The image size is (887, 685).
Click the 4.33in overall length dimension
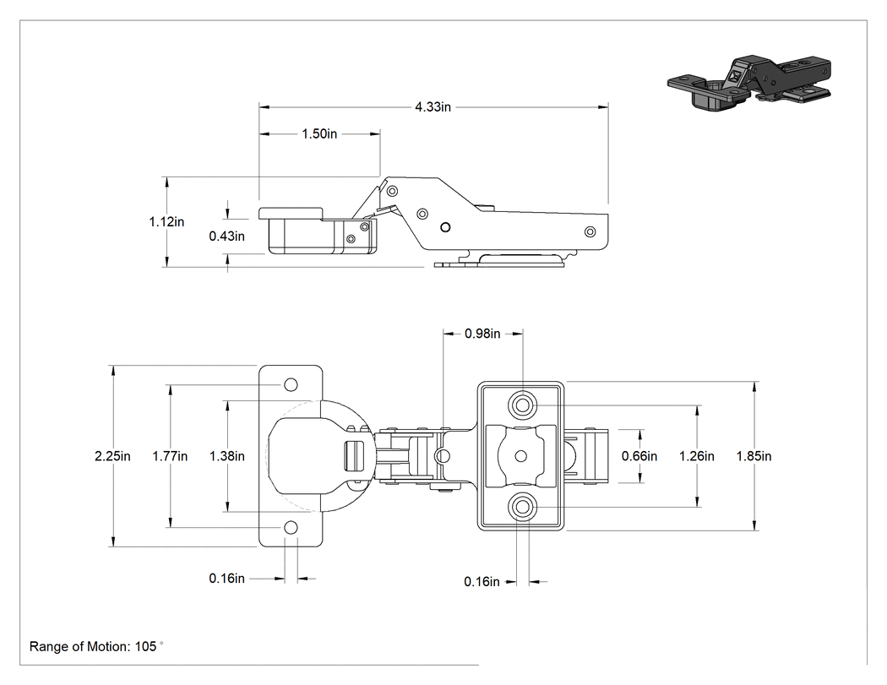point(433,107)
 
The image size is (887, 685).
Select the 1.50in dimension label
point(319,134)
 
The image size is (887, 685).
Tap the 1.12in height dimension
point(167,222)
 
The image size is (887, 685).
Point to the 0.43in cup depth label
point(227,236)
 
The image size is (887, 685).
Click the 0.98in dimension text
point(482,334)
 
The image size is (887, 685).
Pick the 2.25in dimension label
point(112,456)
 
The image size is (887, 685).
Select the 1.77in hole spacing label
point(170,456)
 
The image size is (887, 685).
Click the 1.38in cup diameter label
point(227,456)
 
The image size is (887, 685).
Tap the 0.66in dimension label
point(639,456)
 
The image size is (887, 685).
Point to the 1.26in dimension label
point(696,456)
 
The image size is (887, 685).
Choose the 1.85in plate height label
point(754,456)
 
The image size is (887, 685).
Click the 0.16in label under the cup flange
point(227,578)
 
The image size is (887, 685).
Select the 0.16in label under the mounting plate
point(482,581)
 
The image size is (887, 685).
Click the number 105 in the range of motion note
point(145,646)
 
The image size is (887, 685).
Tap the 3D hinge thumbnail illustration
point(750,83)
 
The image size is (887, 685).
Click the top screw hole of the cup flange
point(291,384)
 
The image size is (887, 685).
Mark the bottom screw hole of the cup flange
point(291,528)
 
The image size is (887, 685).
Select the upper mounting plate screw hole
point(521,405)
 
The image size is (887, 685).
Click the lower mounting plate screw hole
point(521,507)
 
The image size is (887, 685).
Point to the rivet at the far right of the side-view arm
point(590,231)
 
